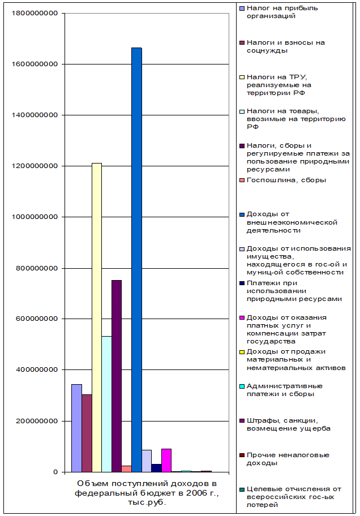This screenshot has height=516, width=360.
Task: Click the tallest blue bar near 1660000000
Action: click(136, 260)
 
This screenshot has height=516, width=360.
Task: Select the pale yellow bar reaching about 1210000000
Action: click(97, 317)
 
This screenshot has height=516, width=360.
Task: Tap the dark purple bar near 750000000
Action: click(117, 376)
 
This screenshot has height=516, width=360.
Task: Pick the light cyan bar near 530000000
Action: click(106, 404)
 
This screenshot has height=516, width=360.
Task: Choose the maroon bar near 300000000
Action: click(87, 433)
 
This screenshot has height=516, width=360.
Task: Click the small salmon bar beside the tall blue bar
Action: click(126, 468)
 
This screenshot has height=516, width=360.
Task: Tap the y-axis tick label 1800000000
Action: click(35, 13)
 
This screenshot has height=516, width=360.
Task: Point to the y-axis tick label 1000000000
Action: click(35, 217)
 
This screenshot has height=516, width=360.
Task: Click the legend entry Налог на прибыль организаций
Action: click(274, 12)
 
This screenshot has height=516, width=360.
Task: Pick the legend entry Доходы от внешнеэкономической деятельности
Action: click(292, 222)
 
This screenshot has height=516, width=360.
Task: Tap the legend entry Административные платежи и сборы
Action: click(284, 390)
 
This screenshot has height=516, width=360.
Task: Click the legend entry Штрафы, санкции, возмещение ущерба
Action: click(288, 424)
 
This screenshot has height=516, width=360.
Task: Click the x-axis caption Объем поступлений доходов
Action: click(147, 492)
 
